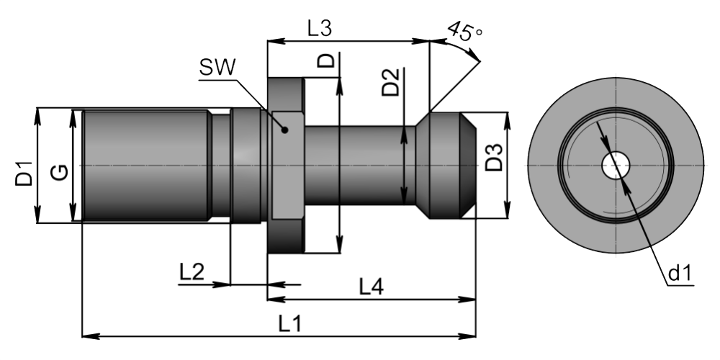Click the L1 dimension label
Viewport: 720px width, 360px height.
coord(290,324)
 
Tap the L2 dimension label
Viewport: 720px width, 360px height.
coord(192,272)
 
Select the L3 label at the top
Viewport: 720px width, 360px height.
coord(319,29)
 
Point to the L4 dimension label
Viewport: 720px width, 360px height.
coord(371,287)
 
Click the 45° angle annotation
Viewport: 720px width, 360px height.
coord(464,31)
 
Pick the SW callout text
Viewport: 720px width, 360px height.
coord(217,68)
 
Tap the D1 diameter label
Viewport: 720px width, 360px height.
coord(24,173)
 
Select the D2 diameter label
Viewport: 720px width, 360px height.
coord(391,82)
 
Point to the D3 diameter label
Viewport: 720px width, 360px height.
coord(495,157)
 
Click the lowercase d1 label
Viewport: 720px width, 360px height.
coord(679,274)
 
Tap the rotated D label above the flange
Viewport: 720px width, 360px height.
coord(326,60)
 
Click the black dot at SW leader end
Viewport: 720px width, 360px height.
coord(284,130)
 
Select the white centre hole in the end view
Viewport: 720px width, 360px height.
coord(616,166)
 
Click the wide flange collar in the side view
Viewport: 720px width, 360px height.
coord(285,166)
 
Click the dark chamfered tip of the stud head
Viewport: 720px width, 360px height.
coord(467,166)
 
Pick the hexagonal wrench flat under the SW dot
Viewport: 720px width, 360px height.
coord(287,166)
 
